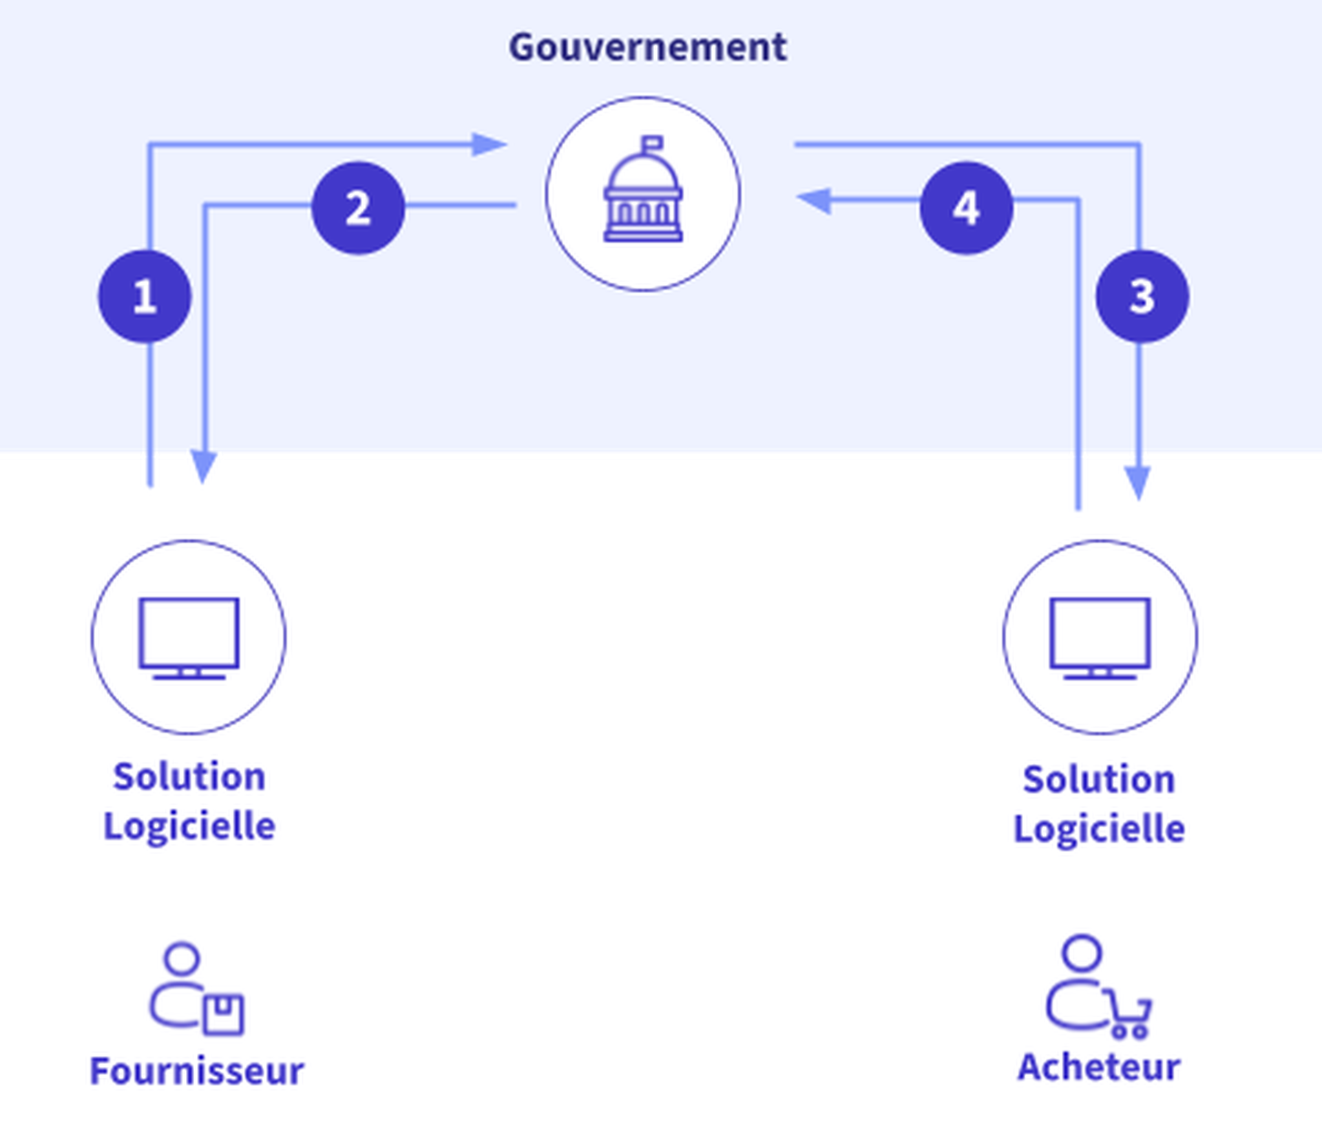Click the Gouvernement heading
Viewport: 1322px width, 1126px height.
tap(647, 47)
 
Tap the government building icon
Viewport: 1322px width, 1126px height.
tap(643, 191)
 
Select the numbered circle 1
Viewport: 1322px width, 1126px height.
tap(145, 297)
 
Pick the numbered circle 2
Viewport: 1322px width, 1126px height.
tap(358, 208)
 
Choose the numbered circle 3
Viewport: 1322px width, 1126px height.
tap(1142, 297)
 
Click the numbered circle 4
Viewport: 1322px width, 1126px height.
tap(966, 208)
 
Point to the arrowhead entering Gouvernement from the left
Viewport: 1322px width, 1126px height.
tap(489, 145)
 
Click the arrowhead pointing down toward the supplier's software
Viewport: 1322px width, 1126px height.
tap(204, 466)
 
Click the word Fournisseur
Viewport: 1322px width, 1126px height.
tap(197, 1072)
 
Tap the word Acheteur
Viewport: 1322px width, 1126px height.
tap(1099, 1067)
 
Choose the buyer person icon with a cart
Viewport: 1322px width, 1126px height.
tap(1095, 986)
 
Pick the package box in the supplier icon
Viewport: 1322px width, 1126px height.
tap(224, 1015)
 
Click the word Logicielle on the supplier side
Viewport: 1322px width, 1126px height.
tap(189, 826)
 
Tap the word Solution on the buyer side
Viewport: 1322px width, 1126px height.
tap(1099, 779)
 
